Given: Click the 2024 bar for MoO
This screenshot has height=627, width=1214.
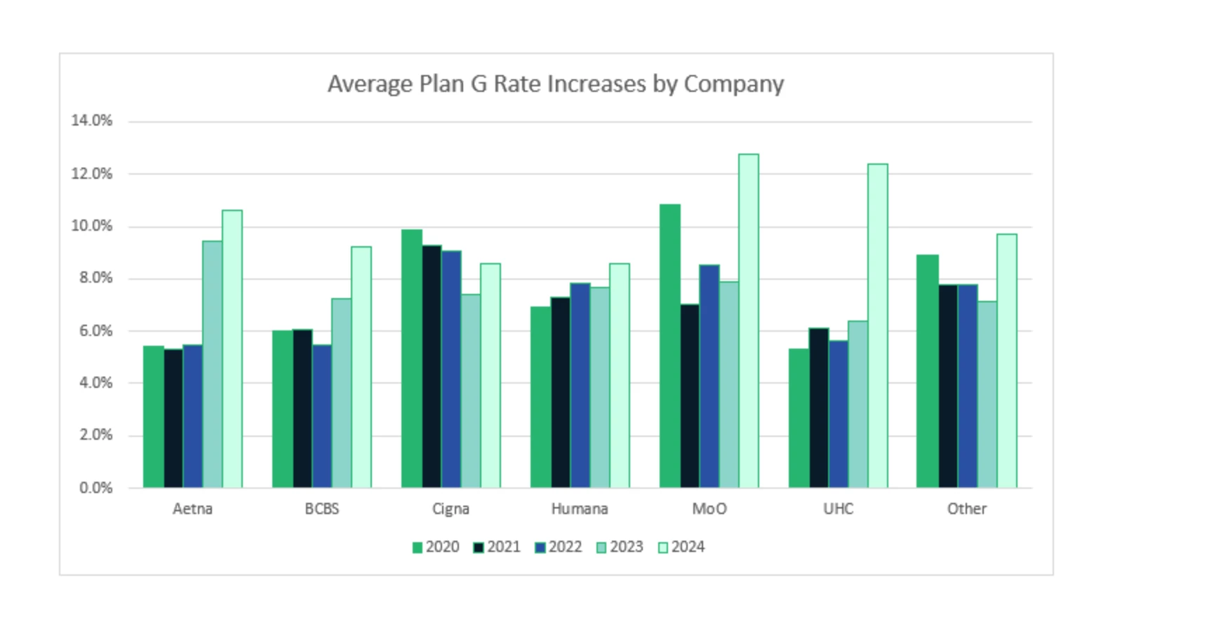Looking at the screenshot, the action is click(748, 321).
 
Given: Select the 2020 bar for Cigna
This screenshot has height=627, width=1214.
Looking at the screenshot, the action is click(411, 358).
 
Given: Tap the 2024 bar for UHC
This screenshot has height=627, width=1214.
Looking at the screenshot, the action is click(877, 325).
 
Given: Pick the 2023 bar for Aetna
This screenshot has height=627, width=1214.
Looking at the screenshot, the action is click(212, 364).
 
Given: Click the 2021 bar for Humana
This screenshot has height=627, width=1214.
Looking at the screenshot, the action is click(560, 392).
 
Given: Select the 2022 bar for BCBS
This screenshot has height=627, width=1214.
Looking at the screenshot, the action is click(321, 416).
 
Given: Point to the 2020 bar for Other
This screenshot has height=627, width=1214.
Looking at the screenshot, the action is click(927, 371).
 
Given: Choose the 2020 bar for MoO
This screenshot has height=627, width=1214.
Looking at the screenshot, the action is click(669, 346).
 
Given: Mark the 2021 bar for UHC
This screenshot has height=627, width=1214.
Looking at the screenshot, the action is click(818, 407).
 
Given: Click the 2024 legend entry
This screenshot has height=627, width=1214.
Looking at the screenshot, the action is click(681, 547).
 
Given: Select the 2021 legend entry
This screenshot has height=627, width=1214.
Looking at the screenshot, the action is click(497, 547).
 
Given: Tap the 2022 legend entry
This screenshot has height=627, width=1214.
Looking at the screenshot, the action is click(558, 547).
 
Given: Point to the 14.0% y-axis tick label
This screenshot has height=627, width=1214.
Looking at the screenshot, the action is click(91, 121).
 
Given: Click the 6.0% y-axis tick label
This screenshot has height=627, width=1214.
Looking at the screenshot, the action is click(95, 330).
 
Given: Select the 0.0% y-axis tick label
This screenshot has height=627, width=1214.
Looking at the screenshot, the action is click(95, 487).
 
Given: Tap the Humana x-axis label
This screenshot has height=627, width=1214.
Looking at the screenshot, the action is click(580, 508).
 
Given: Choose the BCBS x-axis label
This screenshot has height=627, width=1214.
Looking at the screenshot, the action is click(321, 508).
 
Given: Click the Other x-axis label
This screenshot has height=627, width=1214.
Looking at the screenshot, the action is click(966, 508).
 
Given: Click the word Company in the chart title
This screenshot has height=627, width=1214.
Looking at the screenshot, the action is click(733, 85).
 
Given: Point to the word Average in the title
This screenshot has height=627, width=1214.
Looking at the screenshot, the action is click(370, 84).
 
